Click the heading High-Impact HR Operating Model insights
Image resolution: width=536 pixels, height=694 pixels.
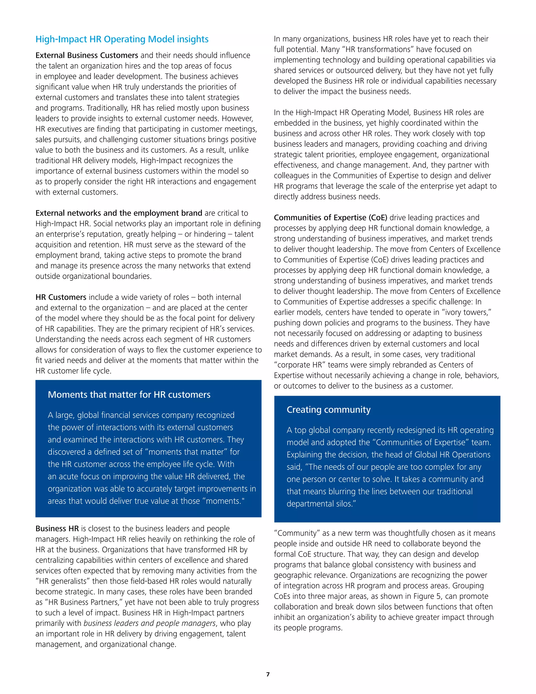[122, 39]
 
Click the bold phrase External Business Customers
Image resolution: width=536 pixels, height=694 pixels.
[87, 55]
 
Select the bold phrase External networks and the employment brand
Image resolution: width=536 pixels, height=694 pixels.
[119, 213]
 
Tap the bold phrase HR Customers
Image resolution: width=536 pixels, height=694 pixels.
[61, 297]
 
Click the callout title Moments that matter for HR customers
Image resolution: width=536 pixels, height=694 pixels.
[129, 394]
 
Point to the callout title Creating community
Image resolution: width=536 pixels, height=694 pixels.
[328, 410]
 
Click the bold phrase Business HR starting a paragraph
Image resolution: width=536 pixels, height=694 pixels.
[57, 528]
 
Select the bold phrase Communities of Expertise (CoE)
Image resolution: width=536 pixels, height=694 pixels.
[330, 218]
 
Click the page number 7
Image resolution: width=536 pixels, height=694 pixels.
[268, 674]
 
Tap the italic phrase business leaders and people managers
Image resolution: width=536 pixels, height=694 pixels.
[149, 623]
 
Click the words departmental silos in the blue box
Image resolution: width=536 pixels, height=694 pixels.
[321, 504]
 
